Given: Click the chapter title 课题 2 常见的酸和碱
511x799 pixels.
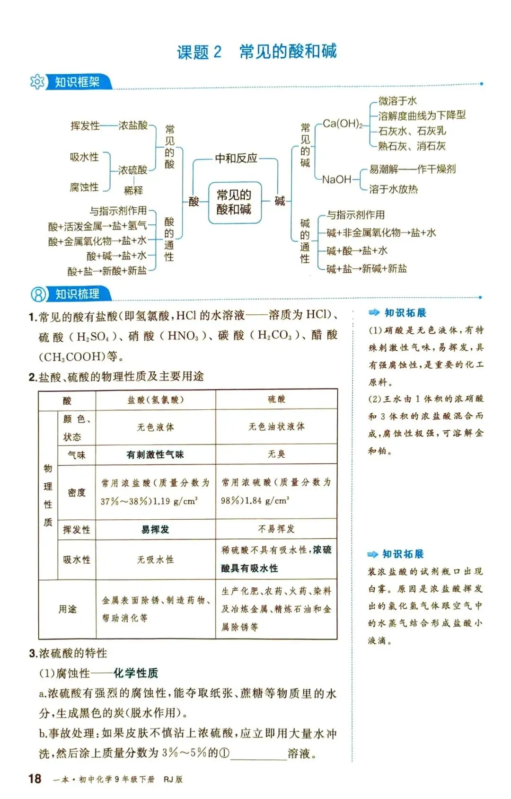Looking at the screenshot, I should [x=256, y=52].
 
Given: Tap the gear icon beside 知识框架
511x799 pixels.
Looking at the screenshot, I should [x=37, y=82].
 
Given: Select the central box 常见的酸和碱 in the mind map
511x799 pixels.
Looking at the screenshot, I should [x=235, y=202].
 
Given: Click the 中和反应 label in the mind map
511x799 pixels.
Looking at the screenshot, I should [x=236, y=158].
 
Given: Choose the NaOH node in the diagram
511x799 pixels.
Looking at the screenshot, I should [x=337, y=179].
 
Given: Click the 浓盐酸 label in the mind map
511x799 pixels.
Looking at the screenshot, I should [x=133, y=125].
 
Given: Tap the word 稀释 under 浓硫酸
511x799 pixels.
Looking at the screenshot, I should [x=133, y=190].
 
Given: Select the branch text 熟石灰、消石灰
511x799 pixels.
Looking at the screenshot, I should [x=412, y=146].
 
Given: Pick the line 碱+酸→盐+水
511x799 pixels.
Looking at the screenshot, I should [x=357, y=251].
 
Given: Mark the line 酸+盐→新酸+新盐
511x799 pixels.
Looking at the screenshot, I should [x=107, y=271].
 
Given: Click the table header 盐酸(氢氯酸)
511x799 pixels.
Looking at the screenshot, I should [x=156, y=400].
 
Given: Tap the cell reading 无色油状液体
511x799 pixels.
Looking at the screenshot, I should [x=277, y=426].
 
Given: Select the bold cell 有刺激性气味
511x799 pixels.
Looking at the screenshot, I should [x=155, y=454].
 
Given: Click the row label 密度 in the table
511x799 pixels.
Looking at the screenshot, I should [x=77, y=492].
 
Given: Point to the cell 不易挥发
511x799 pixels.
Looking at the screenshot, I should [x=277, y=529].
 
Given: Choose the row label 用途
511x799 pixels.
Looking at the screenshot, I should [x=67, y=609].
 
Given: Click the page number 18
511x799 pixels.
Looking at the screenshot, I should [x=35, y=778].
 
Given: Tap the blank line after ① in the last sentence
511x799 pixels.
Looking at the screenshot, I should [x=258, y=754].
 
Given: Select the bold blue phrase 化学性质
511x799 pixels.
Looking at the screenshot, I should [x=136, y=673].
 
